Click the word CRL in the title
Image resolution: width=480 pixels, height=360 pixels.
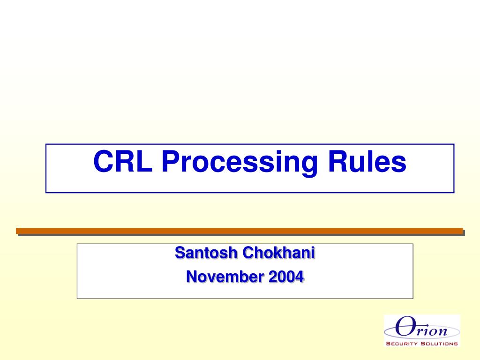point(123,162)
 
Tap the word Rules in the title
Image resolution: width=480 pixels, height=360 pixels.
point(367,162)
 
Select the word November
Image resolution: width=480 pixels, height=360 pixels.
point(225,277)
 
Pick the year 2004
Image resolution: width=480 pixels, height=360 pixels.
point(286,277)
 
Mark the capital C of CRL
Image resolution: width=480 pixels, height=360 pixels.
point(103,162)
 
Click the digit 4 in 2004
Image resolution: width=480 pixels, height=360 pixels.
point(299,277)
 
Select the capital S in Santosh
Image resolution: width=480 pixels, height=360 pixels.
point(179,253)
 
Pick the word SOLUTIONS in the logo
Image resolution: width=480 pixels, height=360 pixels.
point(439,344)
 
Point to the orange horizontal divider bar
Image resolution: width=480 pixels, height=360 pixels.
point(239,231)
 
